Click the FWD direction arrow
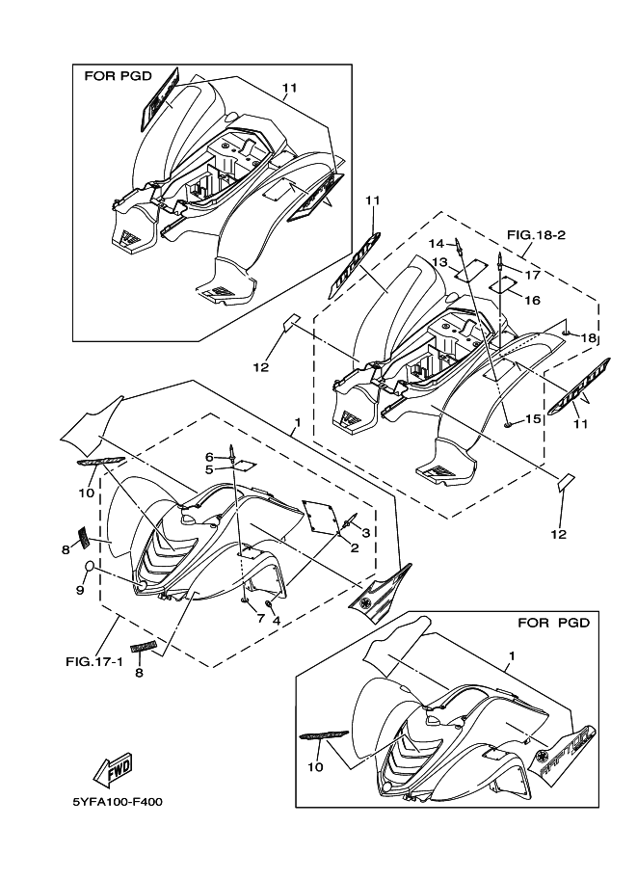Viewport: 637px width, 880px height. (x=112, y=769)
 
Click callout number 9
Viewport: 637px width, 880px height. (x=81, y=591)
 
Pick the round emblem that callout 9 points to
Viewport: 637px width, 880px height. (x=90, y=565)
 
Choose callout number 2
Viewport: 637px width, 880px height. (x=354, y=547)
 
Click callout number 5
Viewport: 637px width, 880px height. (x=208, y=469)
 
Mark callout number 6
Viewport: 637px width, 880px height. (x=208, y=456)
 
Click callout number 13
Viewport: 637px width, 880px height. (x=439, y=262)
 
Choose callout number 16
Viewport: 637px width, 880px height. (x=532, y=300)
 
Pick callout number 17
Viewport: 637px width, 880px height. (x=533, y=274)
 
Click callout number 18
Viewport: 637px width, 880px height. (x=589, y=338)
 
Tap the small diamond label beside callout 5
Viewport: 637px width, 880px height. (x=246, y=466)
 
